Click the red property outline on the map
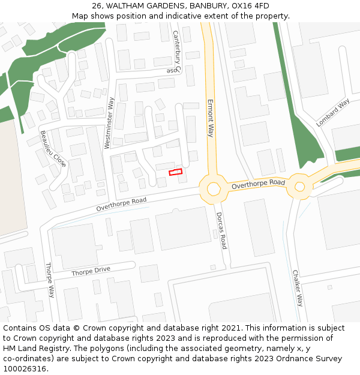[x=175, y=173]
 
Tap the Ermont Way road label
[x=211, y=118]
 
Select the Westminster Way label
[x=109, y=122]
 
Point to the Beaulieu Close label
[x=53, y=148]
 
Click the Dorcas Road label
[x=221, y=230]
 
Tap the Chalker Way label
[x=297, y=288]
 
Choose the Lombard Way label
[x=333, y=112]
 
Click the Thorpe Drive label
[x=91, y=271]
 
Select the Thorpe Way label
[x=50, y=280]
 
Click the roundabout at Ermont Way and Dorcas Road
[x=214, y=188]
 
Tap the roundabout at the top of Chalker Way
[x=299, y=187]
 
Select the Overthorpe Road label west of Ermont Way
[x=121, y=204]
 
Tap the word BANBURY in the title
[x=205, y=6]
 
